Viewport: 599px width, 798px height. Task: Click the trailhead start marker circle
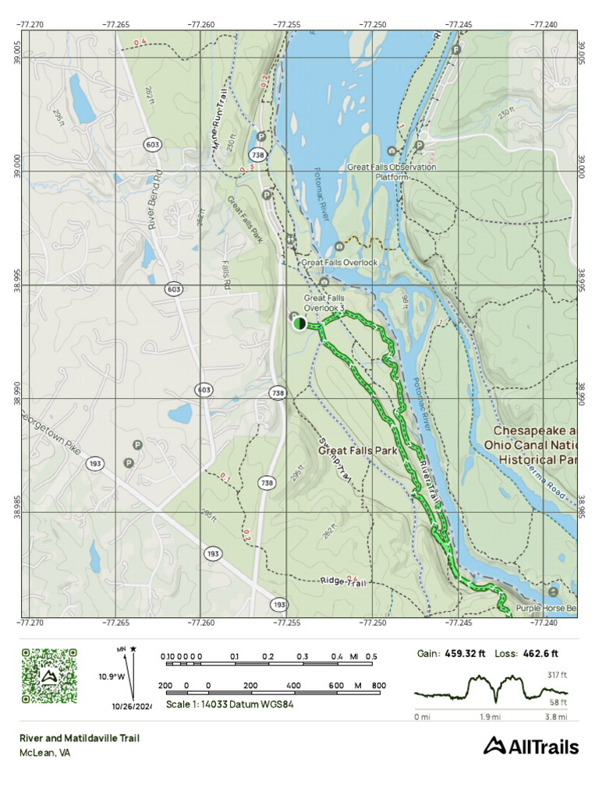(299, 323)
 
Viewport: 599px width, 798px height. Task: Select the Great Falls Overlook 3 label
(324, 302)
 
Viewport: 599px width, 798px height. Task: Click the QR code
(48, 676)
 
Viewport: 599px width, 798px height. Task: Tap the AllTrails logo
(531, 747)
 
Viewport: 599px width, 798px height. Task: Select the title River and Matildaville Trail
(80, 738)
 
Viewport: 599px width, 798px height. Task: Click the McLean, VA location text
(45, 753)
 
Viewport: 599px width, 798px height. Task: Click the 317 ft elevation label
(558, 674)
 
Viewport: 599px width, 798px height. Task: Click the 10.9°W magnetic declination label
(112, 676)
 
